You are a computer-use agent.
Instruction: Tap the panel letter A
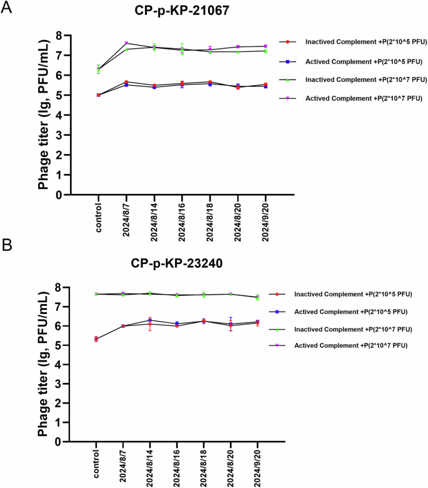pos(7,9)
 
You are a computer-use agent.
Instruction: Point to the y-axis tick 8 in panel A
pos(58,35)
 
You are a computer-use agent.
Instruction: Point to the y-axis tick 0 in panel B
pos(58,442)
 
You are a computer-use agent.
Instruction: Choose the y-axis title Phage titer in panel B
pos(42,363)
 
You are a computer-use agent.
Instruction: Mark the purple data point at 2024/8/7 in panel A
pos(126,43)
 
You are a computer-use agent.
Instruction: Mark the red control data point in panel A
pos(99,95)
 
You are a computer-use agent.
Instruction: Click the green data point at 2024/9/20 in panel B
pos(257,298)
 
